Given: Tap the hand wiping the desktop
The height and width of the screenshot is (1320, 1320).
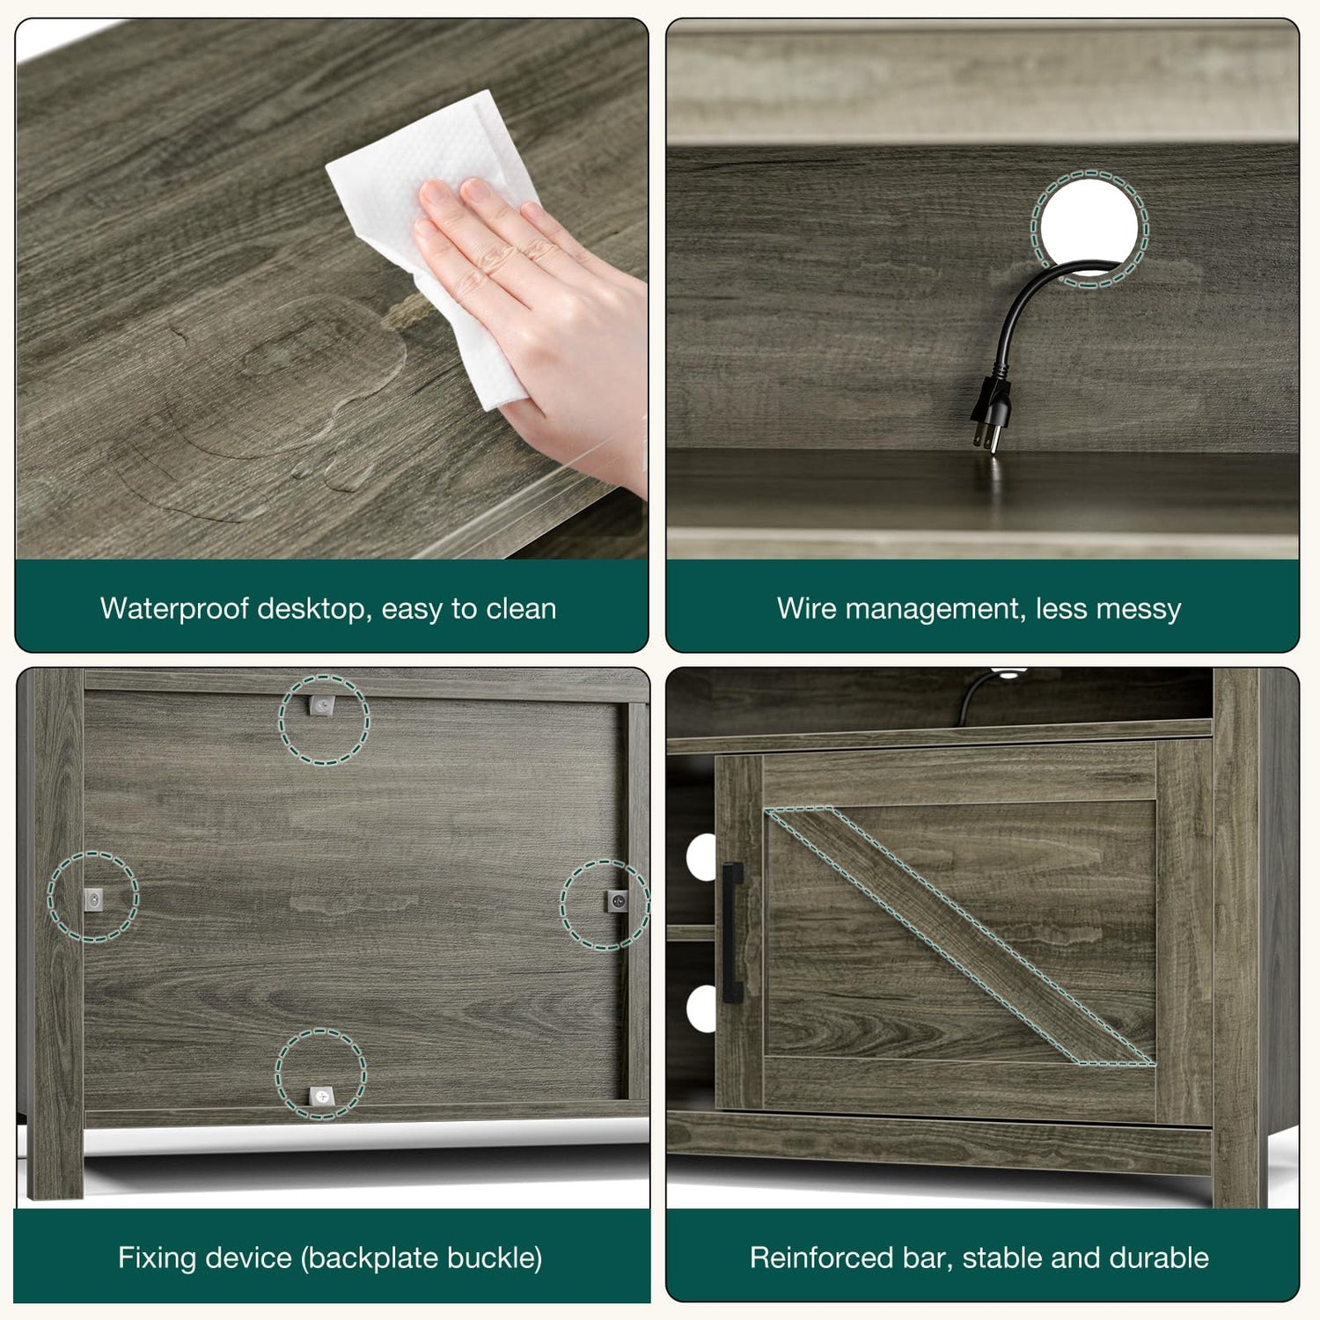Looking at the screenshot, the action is [537, 317].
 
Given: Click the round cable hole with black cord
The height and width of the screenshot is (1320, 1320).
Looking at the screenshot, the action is [1089, 228].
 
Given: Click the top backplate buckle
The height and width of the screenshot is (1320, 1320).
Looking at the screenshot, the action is [323, 707].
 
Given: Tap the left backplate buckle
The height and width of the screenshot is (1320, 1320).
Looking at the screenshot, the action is [92, 898].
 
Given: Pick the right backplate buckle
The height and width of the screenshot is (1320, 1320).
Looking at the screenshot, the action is [617, 901].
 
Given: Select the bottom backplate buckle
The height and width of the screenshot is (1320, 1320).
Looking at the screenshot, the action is [320, 1096].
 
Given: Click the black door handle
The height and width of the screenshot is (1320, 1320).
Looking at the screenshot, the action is [731, 933].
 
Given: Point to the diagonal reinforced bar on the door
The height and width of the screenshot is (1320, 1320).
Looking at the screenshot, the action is [959, 936].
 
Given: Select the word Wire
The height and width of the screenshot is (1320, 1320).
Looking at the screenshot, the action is [806, 608].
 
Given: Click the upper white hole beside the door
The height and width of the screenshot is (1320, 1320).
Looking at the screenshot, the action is [702, 856].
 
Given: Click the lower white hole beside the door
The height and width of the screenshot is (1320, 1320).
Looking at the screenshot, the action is [702, 1008].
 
